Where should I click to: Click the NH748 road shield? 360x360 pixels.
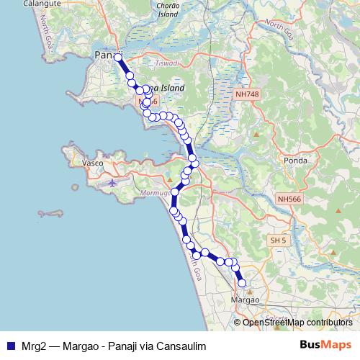246,94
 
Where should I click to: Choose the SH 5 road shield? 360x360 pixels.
277,239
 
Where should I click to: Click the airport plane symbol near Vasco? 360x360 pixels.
112,182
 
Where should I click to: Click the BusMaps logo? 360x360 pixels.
325,346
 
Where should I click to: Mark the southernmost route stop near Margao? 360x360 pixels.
242,283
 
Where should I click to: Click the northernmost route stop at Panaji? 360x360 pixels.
117,57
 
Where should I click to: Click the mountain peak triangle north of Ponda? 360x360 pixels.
256,134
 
